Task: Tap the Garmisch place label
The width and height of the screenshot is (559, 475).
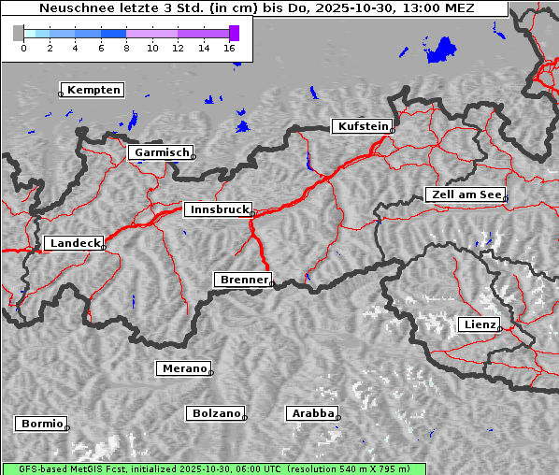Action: pyautogui.click(x=162, y=152)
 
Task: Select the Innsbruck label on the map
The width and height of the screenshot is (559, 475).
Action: pyautogui.click(x=218, y=209)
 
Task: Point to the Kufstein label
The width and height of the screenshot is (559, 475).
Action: pyautogui.click(x=363, y=126)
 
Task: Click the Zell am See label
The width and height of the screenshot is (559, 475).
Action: pyautogui.click(x=466, y=194)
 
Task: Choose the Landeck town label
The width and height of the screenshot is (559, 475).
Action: pyautogui.click(x=74, y=243)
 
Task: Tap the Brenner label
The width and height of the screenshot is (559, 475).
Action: pyautogui.click(x=244, y=280)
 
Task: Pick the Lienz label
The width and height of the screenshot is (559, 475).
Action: pyautogui.click(x=480, y=324)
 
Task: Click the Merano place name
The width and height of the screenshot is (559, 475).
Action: pyautogui.click(x=183, y=368)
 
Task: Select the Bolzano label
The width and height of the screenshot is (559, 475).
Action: pyautogui.click(x=216, y=413)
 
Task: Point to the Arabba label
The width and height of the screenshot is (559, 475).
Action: pyautogui.click(x=311, y=413)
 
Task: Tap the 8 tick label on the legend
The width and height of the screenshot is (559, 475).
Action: pyautogui.click(x=126, y=48)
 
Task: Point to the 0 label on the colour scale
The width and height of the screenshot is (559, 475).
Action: pyautogui.click(x=23, y=48)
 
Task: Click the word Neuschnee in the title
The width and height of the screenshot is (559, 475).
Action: pyautogui.click(x=70, y=8)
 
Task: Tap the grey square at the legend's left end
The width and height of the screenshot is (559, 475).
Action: pyautogui.click(x=18, y=33)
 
